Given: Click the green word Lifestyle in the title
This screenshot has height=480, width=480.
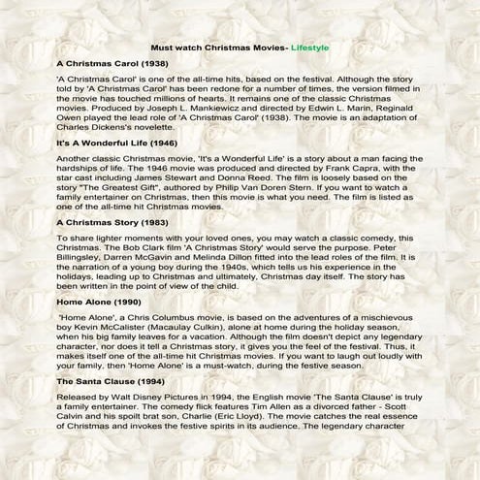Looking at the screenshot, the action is [305, 47].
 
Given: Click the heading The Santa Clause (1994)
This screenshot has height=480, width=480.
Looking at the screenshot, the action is [110, 383].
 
